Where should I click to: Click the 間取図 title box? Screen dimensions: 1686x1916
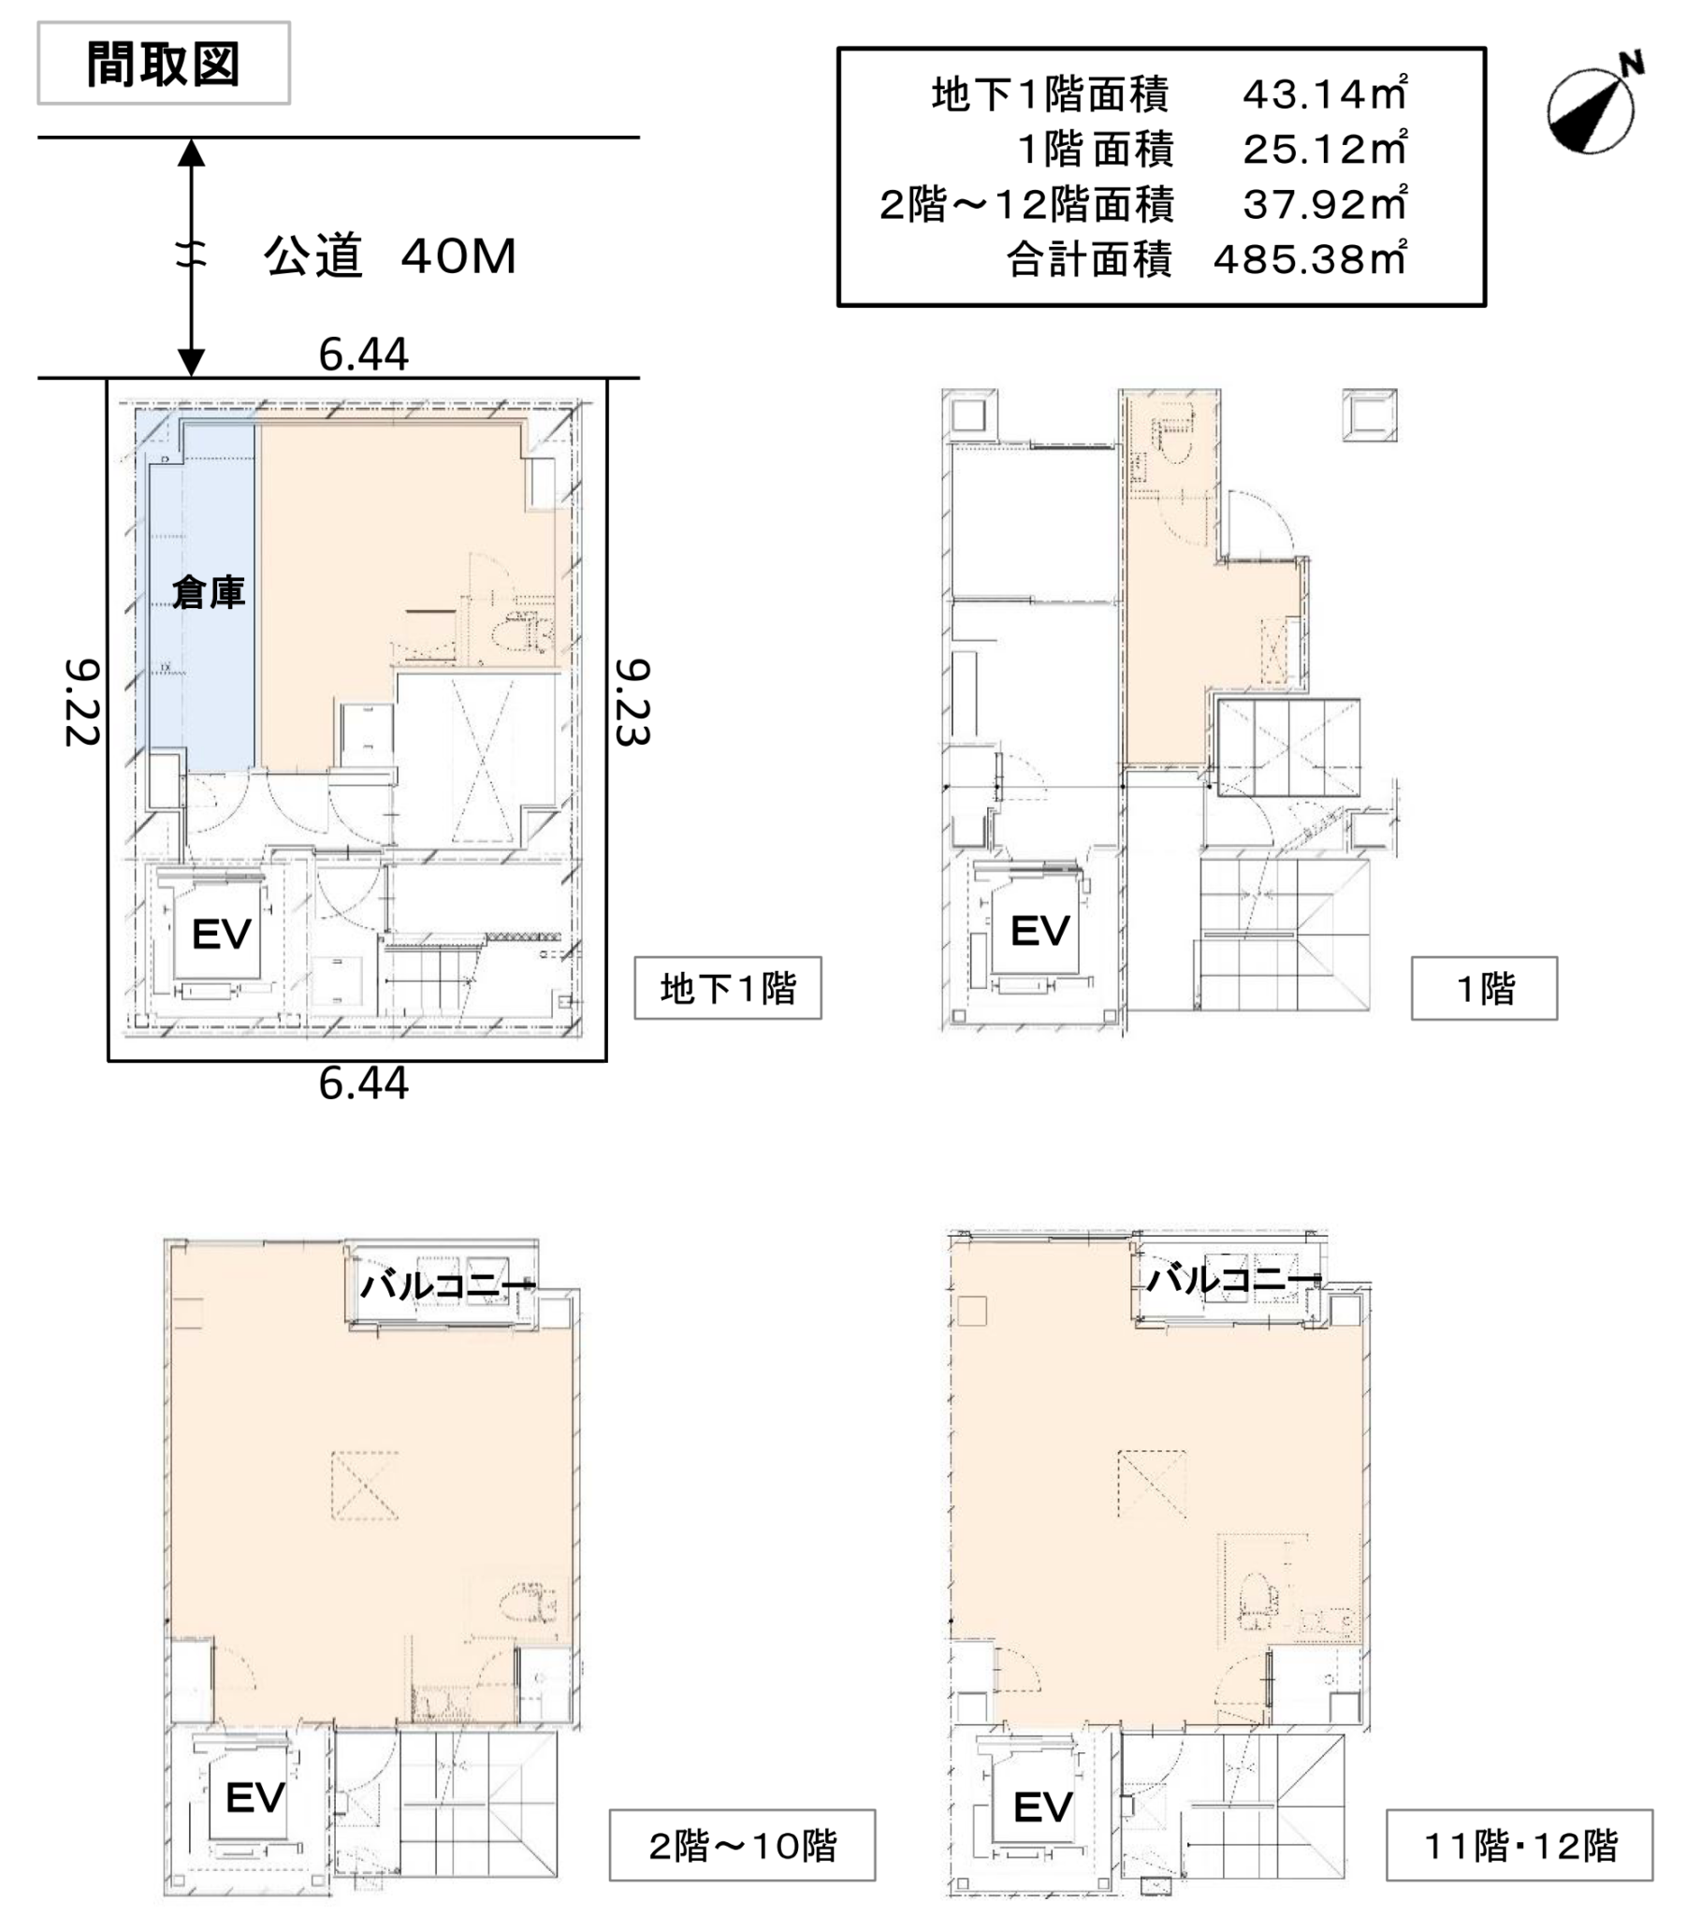pyautogui.click(x=163, y=63)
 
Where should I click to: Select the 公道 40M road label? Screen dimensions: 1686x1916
pyautogui.click(x=389, y=256)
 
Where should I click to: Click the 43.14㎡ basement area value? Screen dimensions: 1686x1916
pyautogui.click(x=1324, y=94)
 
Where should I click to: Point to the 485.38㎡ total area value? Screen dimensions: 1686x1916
pyautogui.click(x=1310, y=259)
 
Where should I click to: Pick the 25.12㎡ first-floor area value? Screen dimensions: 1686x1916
pyautogui.click(x=1324, y=149)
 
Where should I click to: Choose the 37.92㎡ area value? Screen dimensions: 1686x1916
pyautogui.click(x=1324, y=203)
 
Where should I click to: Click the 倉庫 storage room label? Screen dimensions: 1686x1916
pyautogui.click(x=208, y=591)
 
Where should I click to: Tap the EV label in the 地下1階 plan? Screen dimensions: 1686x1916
pyautogui.click(x=222, y=934)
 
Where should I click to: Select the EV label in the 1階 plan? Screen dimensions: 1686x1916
pyautogui.click(x=1039, y=931)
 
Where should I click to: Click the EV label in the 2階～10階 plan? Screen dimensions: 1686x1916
pyautogui.click(x=255, y=1797)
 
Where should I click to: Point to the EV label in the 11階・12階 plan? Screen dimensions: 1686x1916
pyautogui.click(x=1042, y=1807)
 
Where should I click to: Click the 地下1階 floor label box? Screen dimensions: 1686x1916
pyautogui.click(x=728, y=988)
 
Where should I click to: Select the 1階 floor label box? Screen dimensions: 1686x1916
pyautogui.click(x=1485, y=988)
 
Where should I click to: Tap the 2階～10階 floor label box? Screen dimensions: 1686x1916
pyautogui.click(x=742, y=1845)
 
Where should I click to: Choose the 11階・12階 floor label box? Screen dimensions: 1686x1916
pyautogui.click(x=1519, y=1845)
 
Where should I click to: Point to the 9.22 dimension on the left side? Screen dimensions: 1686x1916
pyautogui.click(x=81, y=702)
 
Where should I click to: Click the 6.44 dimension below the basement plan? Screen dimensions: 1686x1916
pyautogui.click(x=363, y=1083)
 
